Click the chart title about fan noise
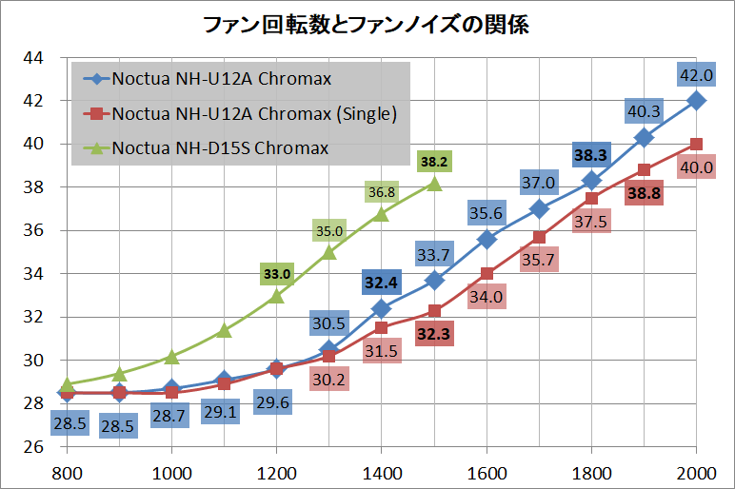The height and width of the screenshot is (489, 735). tap(367, 24)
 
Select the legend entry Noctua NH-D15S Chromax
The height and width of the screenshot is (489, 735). tap(220, 147)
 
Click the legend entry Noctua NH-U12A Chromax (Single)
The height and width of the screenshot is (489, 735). tap(253, 114)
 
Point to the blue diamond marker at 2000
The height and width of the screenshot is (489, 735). tap(696, 100)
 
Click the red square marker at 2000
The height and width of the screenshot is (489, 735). tap(696, 144)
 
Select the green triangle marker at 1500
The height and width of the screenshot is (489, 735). tap(434, 183)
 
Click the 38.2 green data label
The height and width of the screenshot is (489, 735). tap(434, 162)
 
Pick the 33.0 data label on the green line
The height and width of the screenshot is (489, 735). tap(277, 274)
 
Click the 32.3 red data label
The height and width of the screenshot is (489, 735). tap(434, 334)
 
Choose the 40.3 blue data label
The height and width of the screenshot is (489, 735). tap(644, 111)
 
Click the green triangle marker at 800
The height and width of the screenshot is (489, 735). tap(67, 383)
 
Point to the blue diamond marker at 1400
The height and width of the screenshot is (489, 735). tap(381, 307)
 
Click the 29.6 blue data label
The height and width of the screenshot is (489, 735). tap(277, 403)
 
